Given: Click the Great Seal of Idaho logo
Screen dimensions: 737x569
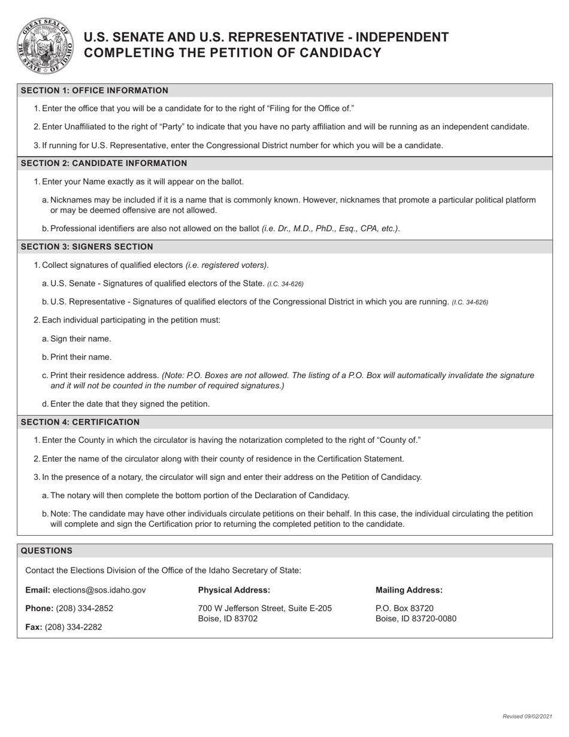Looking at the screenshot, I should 46,46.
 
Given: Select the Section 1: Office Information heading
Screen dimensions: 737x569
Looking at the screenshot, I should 95,90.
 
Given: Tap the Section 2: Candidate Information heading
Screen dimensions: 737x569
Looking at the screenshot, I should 104,163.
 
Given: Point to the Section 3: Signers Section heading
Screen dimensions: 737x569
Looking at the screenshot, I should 87,246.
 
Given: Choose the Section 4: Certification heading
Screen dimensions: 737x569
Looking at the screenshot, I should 80,422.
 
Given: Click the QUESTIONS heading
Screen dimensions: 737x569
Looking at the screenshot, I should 47,550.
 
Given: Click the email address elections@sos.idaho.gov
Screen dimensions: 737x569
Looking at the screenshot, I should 99,590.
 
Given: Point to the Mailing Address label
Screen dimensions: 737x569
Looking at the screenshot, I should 409,590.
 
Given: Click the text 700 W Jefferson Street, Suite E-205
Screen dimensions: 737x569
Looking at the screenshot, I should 265,608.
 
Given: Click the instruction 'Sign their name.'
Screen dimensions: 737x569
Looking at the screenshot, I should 80,339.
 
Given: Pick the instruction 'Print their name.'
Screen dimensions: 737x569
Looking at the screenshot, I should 81,357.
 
